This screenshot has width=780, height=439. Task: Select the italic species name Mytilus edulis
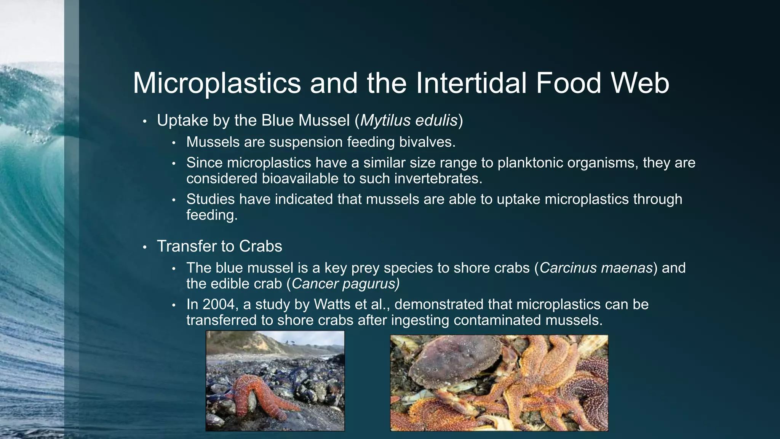[x=409, y=120]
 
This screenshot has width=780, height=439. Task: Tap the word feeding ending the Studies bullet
[x=212, y=215]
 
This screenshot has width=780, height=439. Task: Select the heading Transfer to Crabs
[x=219, y=246]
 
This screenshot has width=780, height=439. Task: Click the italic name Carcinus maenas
[x=596, y=268]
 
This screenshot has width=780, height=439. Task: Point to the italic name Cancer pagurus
[x=345, y=284]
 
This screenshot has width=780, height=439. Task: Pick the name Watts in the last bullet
[x=330, y=304]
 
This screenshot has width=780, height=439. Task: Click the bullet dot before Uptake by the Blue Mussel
[x=144, y=122]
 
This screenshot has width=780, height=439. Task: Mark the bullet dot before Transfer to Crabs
[x=144, y=247]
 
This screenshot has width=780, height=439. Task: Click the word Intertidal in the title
[x=471, y=83]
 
